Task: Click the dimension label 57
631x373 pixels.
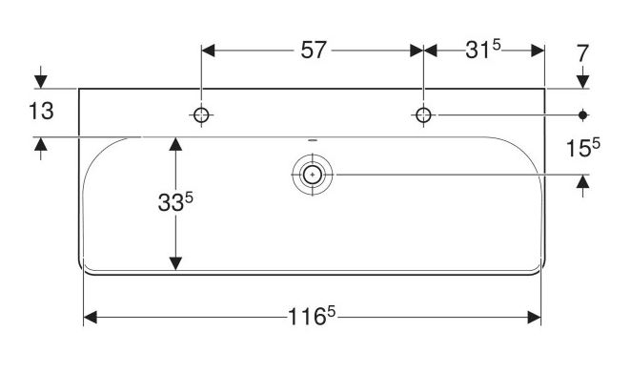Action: pos(313,51)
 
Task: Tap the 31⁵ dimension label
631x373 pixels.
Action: pos(483,50)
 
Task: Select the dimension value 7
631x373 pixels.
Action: pos(582,53)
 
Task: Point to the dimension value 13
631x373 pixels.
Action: pos(41,112)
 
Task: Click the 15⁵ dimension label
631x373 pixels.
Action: pos(582,147)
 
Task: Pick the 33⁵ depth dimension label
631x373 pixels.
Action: pos(175,201)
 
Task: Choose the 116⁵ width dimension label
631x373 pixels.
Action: pos(312,316)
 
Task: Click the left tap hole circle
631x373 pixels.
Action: pos(201,115)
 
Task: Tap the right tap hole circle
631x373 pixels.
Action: pos(423,115)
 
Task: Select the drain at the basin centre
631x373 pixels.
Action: pos(313,175)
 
